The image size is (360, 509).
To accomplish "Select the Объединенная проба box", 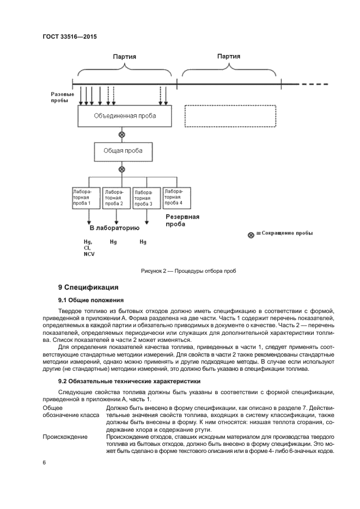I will click(125, 116).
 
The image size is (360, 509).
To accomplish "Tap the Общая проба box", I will click(121, 151).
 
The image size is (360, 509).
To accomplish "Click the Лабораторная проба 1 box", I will click(86, 198).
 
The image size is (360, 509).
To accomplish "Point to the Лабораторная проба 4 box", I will click(176, 198).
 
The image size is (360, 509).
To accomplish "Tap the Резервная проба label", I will click(182, 220).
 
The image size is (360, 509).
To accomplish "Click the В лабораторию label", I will click(114, 228).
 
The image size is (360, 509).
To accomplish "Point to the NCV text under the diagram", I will click(89, 254).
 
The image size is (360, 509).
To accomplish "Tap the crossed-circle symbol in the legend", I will click(251, 235).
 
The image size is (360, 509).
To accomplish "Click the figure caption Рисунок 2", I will click(188, 271).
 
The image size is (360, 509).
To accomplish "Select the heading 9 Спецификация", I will click(88, 287).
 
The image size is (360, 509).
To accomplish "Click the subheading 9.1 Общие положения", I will click(91, 300).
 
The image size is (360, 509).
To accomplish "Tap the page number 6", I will click(44, 462).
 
